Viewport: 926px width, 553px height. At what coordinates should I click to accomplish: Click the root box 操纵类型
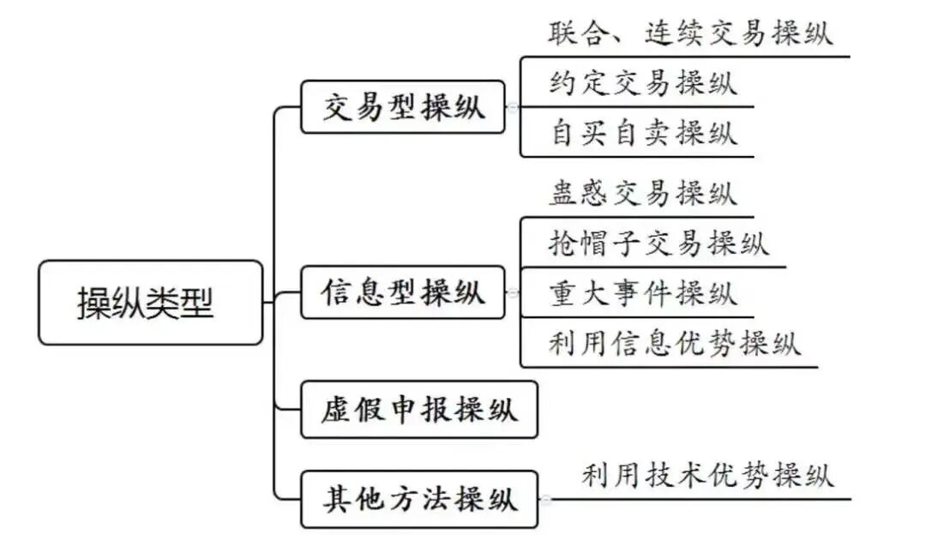150,303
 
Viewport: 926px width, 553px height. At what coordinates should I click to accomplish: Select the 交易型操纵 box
403,107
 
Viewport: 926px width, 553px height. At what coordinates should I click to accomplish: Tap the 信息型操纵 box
403,292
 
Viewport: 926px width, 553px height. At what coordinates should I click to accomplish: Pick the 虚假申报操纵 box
419,410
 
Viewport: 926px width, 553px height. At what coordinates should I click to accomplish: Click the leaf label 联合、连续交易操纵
690,34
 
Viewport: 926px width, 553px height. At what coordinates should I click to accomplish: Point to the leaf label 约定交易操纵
642,83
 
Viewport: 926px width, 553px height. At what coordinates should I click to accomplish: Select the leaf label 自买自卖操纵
642,133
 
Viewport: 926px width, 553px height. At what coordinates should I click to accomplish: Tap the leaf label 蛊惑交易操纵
642,193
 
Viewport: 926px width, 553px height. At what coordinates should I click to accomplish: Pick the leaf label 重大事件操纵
642,292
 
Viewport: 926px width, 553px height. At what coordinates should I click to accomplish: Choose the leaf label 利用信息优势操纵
675,342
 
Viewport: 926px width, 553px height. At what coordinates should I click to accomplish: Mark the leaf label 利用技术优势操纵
707,475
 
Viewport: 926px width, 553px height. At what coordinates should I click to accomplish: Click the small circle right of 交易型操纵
512,108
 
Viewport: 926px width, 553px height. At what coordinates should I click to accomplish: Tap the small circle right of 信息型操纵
512,293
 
